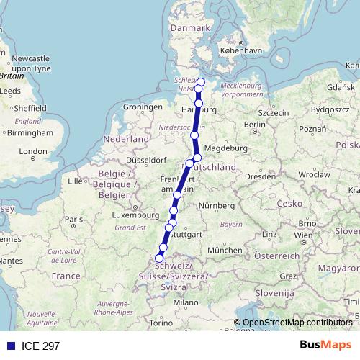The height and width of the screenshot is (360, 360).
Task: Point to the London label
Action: point(33,152)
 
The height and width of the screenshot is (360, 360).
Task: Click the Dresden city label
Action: point(261,175)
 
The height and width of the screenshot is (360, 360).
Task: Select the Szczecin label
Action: point(273,112)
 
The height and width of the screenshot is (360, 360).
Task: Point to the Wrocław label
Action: point(314,174)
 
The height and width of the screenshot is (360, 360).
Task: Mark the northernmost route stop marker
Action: point(201,82)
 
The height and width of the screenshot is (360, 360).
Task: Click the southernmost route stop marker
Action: point(159,258)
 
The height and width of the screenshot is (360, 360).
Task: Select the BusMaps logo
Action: point(326,345)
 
